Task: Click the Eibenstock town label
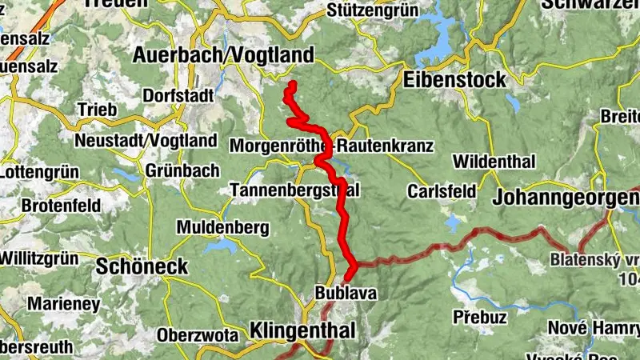(x=455, y=80)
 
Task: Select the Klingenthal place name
(x=299, y=330)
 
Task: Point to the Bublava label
(x=346, y=294)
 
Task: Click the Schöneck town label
(x=142, y=267)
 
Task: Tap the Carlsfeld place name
(x=441, y=192)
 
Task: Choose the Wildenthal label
(x=494, y=162)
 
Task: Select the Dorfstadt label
(x=178, y=95)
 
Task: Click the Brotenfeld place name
(x=61, y=206)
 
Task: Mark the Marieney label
(x=63, y=304)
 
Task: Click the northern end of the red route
(x=293, y=84)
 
